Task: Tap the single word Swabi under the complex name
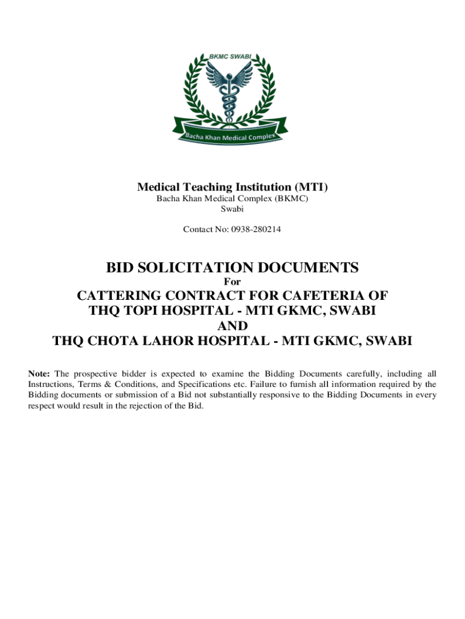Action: (x=232, y=209)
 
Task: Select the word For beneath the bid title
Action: (x=232, y=281)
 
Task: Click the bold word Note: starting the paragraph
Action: (x=40, y=374)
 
